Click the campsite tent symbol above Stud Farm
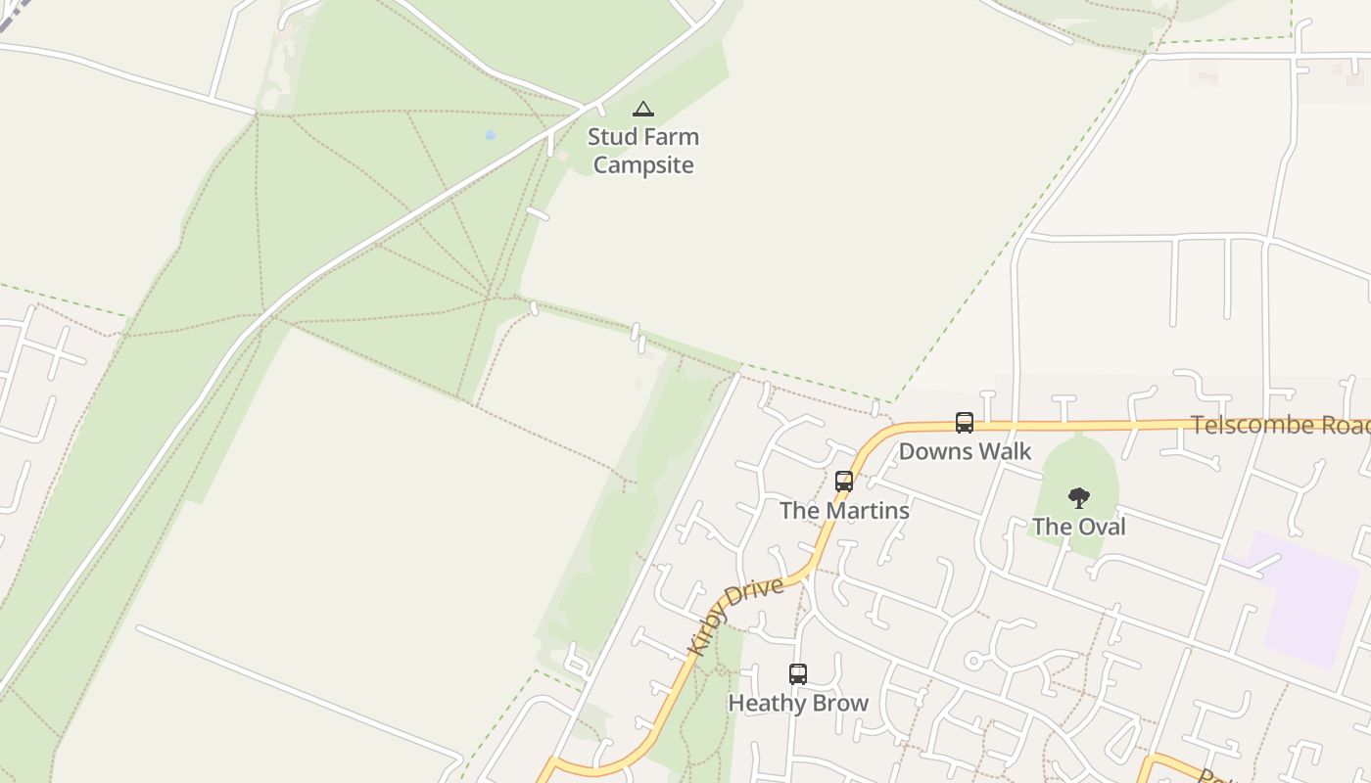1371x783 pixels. (642, 109)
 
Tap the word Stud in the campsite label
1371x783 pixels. (614, 136)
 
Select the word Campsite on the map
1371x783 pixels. (643, 164)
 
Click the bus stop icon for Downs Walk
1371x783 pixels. (965, 423)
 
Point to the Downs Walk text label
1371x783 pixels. (965, 451)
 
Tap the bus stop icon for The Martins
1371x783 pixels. (844, 482)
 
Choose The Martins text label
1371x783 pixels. (844, 510)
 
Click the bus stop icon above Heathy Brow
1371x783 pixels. (798, 674)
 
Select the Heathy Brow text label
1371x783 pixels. (798, 703)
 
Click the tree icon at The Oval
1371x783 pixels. (1079, 498)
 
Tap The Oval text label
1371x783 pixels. (1079, 527)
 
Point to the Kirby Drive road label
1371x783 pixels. (735, 616)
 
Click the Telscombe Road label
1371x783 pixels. (1279, 426)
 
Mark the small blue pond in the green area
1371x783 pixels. (491, 135)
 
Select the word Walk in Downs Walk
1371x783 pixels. (1003, 451)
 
